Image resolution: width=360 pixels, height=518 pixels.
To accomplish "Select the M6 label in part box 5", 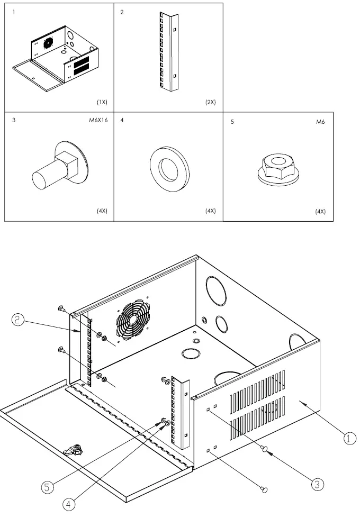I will click(320, 121).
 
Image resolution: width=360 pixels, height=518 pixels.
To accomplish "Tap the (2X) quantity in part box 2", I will click(210, 102).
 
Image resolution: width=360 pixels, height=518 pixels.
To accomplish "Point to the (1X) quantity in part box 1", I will click(102, 102).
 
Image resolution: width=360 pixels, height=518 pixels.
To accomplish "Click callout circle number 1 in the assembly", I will click(348, 438).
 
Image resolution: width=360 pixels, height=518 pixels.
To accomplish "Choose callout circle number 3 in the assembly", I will click(317, 484).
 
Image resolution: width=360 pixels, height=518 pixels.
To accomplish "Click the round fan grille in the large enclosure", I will click(132, 321).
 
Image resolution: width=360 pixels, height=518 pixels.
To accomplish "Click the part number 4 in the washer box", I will click(122, 121).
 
